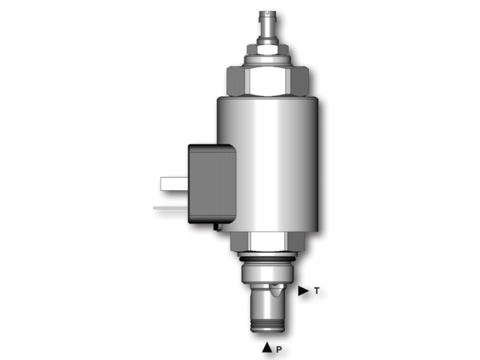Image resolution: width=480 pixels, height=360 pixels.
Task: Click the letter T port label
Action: coord(316,291)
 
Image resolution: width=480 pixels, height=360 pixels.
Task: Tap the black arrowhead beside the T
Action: coord(303,291)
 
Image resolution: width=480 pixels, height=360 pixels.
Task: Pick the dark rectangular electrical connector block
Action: coord(211,183)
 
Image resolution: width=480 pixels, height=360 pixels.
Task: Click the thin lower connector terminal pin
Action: coord(170,208)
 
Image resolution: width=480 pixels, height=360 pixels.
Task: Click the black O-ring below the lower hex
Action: coord(267,259)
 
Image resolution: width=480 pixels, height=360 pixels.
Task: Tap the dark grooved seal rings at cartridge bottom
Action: coord(268,325)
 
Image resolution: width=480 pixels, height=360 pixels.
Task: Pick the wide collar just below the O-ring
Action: coord(266,273)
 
